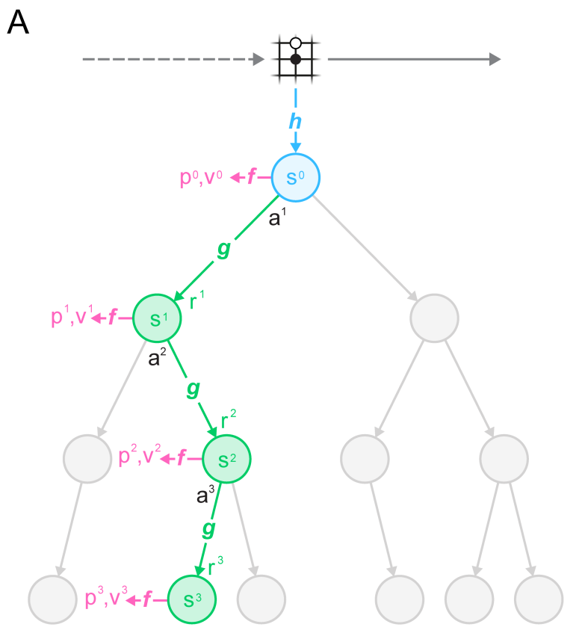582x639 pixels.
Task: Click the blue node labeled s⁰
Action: [x=296, y=178]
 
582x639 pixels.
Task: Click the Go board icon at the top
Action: [x=296, y=57]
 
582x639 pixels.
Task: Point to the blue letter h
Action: [x=296, y=120]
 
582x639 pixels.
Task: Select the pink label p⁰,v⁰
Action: [x=201, y=178]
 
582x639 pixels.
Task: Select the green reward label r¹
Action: [x=198, y=301]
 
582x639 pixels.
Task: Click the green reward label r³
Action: [x=216, y=566]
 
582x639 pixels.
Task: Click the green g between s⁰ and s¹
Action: [x=223, y=250]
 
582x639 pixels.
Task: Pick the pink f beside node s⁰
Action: [x=252, y=178]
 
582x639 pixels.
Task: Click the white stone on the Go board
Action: [x=296, y=43]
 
